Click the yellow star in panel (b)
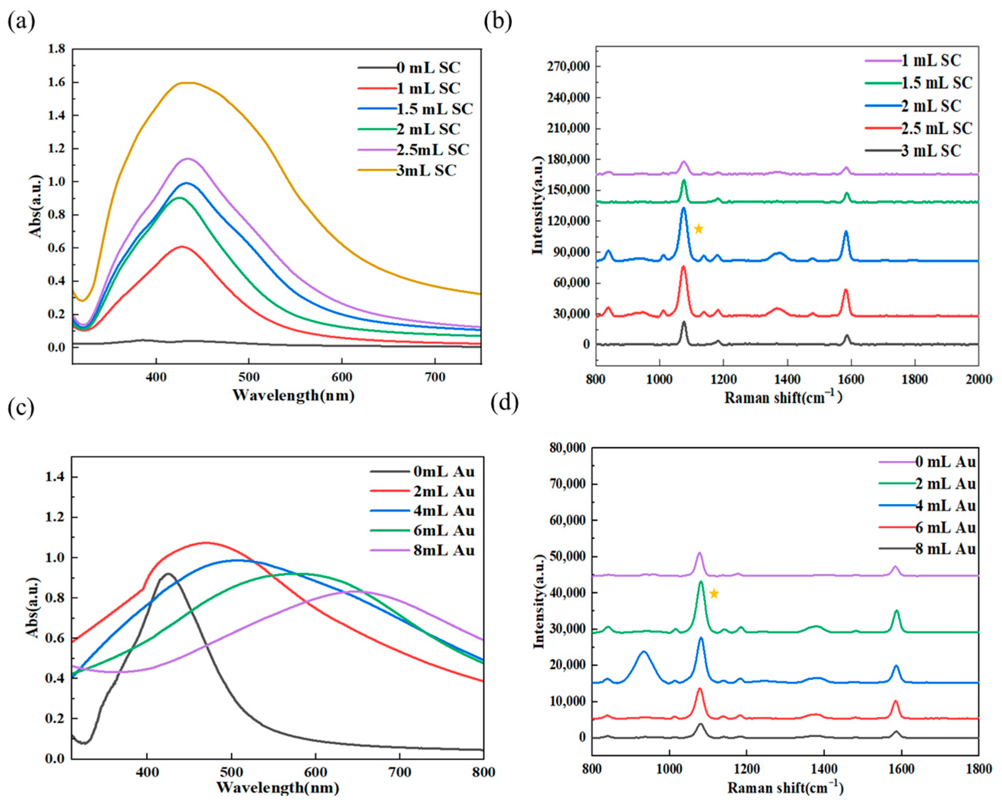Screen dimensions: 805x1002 (698, 229)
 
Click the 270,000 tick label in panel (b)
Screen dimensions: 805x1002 (565, 66)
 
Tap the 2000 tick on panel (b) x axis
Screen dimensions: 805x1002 (978, 379)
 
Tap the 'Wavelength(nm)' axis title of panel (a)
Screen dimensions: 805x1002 (293, 395)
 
